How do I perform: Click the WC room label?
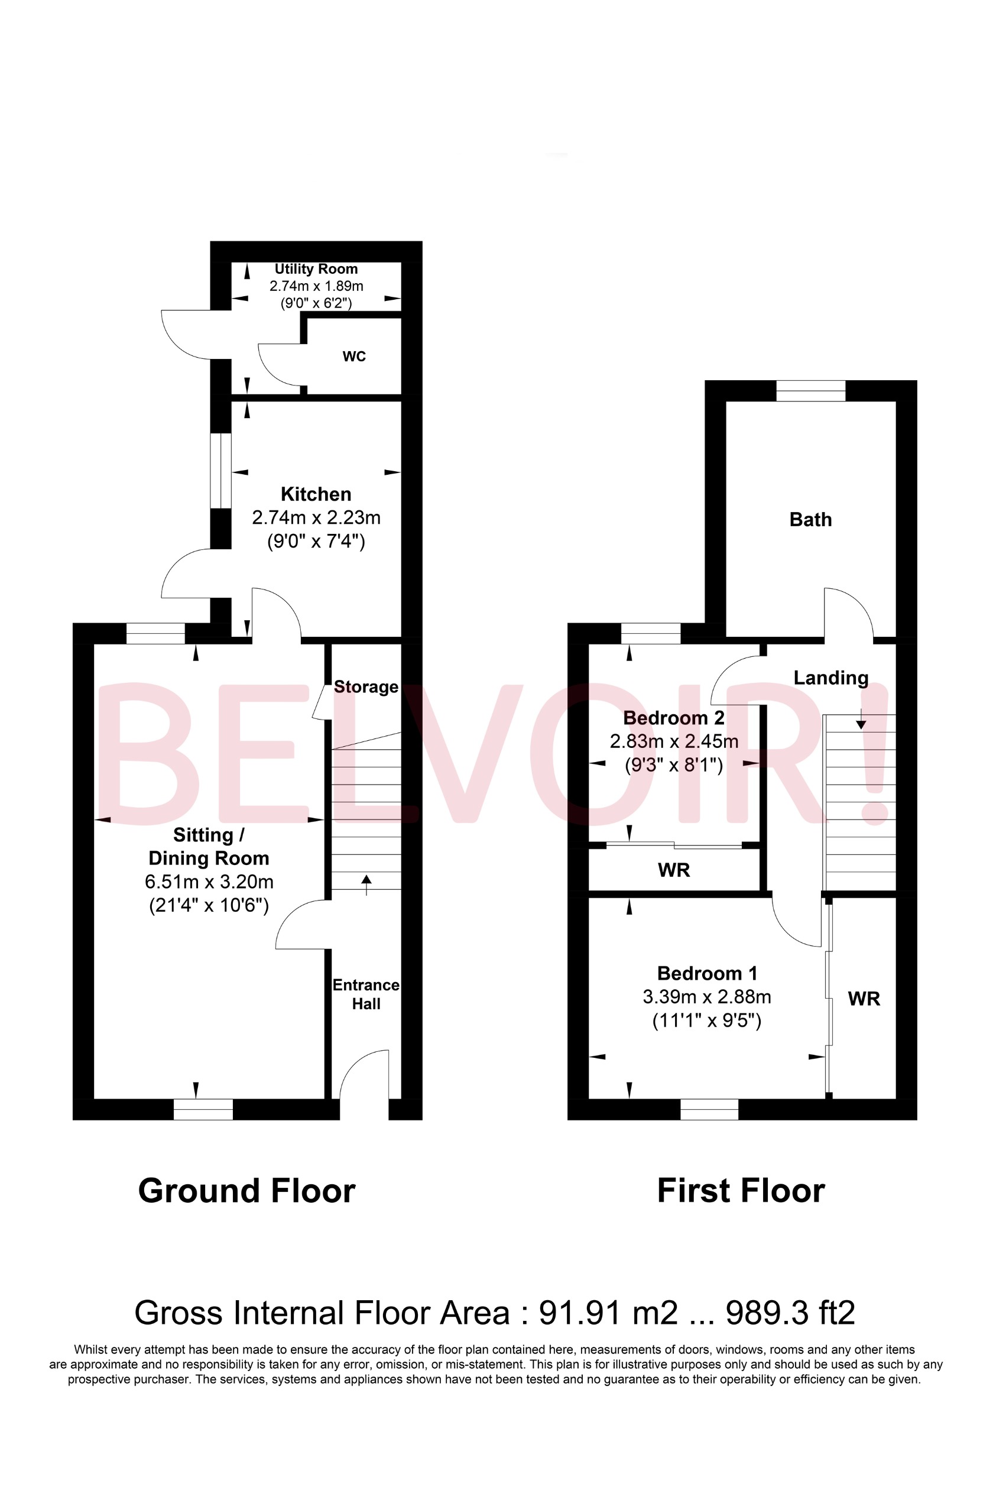(354, 357)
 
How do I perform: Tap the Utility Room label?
(316, 269)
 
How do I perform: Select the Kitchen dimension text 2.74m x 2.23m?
(316, 517)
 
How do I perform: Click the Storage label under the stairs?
(366, 686)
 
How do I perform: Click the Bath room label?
(810, 520)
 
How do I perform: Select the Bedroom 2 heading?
(674, 718)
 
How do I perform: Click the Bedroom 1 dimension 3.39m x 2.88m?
(707, 997)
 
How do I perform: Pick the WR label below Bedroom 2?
(674, 870)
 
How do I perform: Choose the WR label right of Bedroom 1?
(864, 999)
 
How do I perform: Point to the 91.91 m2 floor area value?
(608, 1313)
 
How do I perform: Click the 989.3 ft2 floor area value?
(790, 1313)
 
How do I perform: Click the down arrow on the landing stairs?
(861, 721)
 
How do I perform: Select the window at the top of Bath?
(810, 391)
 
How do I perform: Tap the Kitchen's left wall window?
(220, 471)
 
